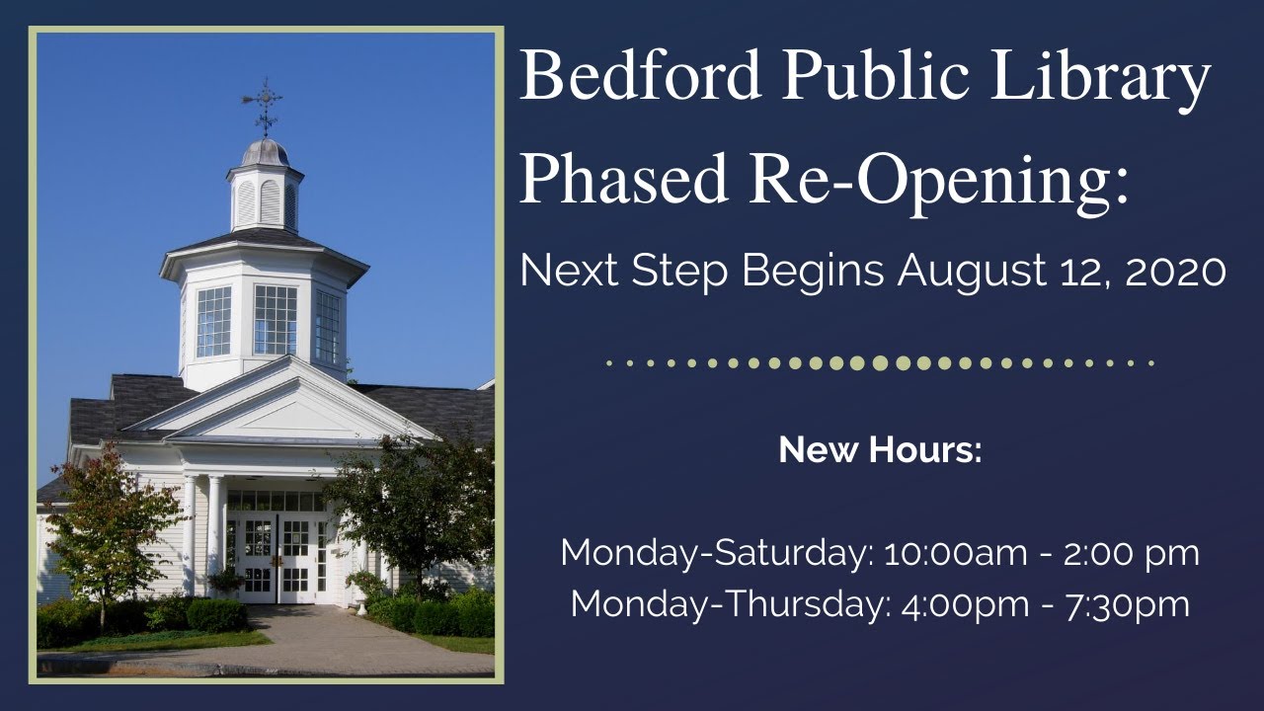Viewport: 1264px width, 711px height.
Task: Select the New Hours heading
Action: point(880,450)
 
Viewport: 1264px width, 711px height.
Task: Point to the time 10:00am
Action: point(957,554)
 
